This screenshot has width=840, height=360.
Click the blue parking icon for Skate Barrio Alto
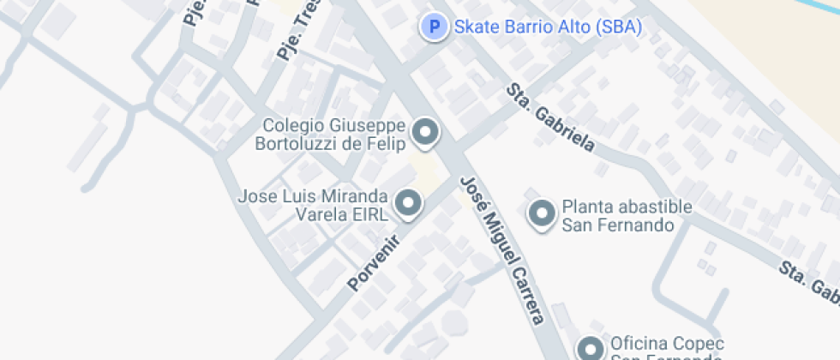tap(435, 27)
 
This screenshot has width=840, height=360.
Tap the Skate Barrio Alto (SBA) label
tap(548, 27)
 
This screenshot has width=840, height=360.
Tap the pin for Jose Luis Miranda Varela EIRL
tap(409, 204)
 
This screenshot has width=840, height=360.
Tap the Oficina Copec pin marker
tap(590, 349)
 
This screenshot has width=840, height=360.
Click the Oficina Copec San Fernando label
tap(667, 351)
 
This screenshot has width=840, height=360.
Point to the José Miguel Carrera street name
tap(502, 250)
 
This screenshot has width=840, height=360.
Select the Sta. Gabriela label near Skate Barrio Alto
tap(549, 117)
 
